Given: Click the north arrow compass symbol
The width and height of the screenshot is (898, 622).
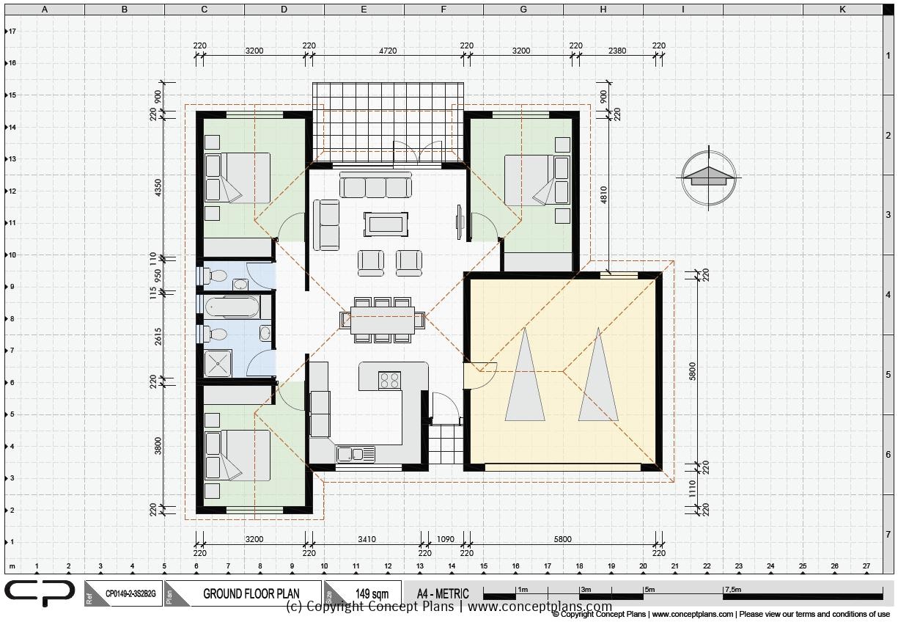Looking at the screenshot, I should (x=709, y=178).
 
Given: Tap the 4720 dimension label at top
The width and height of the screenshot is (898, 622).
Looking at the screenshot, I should (x=387, y=51).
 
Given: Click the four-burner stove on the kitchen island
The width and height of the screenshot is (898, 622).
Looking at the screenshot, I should (x=389, y=380).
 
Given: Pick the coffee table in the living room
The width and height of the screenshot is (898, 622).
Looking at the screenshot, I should (x=386, y=224).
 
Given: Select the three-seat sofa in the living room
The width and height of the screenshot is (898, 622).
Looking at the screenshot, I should (x=375, y=186).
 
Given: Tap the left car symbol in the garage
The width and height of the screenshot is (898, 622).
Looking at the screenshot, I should (x=525, y=376).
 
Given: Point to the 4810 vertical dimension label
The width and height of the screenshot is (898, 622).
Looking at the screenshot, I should (x=604, y=194).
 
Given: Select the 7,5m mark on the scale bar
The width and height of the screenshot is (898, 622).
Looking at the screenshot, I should (x=733, y=589).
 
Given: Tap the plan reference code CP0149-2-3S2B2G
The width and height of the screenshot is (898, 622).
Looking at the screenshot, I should (x=130, y=593).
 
